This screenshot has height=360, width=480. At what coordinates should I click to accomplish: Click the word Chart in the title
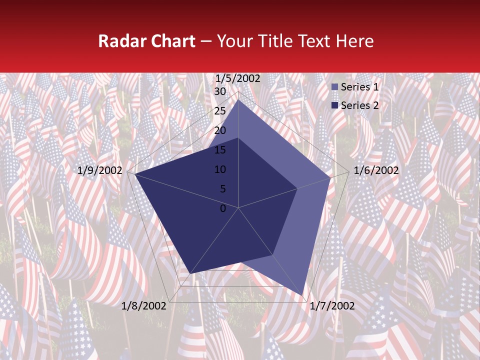pos(172,41)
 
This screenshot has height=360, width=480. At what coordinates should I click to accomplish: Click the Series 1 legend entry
pos(355,87)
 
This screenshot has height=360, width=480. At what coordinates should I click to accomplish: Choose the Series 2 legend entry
pos(355,105)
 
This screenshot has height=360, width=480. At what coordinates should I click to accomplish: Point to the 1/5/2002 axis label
pos(237,78)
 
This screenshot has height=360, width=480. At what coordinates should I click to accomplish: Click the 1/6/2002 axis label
pos(376,170)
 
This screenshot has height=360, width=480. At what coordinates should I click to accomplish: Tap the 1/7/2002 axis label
pos(332,306)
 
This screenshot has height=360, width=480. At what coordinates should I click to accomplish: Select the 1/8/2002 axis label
pos(143,306)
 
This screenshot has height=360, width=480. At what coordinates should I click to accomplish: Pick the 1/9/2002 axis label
pos(100,170)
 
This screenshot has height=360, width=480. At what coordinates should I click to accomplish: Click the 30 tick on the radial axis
pos(220,91)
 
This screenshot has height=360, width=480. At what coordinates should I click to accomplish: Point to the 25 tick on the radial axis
pos(220,111)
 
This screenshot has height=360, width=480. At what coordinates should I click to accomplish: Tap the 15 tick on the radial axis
pos(220,150)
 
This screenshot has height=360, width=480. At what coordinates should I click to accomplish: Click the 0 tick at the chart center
pos(223,208)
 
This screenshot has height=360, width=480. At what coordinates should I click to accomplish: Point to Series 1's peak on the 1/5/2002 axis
pos(238,100)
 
